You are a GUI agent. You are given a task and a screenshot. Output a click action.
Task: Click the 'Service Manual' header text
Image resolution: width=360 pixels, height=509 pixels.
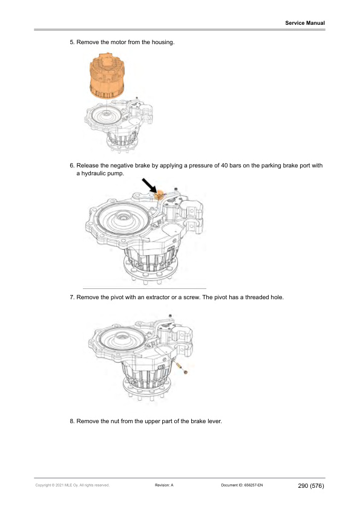[305, 23]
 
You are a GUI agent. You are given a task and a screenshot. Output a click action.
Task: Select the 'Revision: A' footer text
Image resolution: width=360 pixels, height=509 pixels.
[165, 485]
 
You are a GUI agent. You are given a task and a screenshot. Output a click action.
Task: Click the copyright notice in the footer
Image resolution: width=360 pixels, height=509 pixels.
[72, 485]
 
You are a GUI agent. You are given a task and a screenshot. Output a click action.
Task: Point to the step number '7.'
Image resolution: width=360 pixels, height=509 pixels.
[73, 298]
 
